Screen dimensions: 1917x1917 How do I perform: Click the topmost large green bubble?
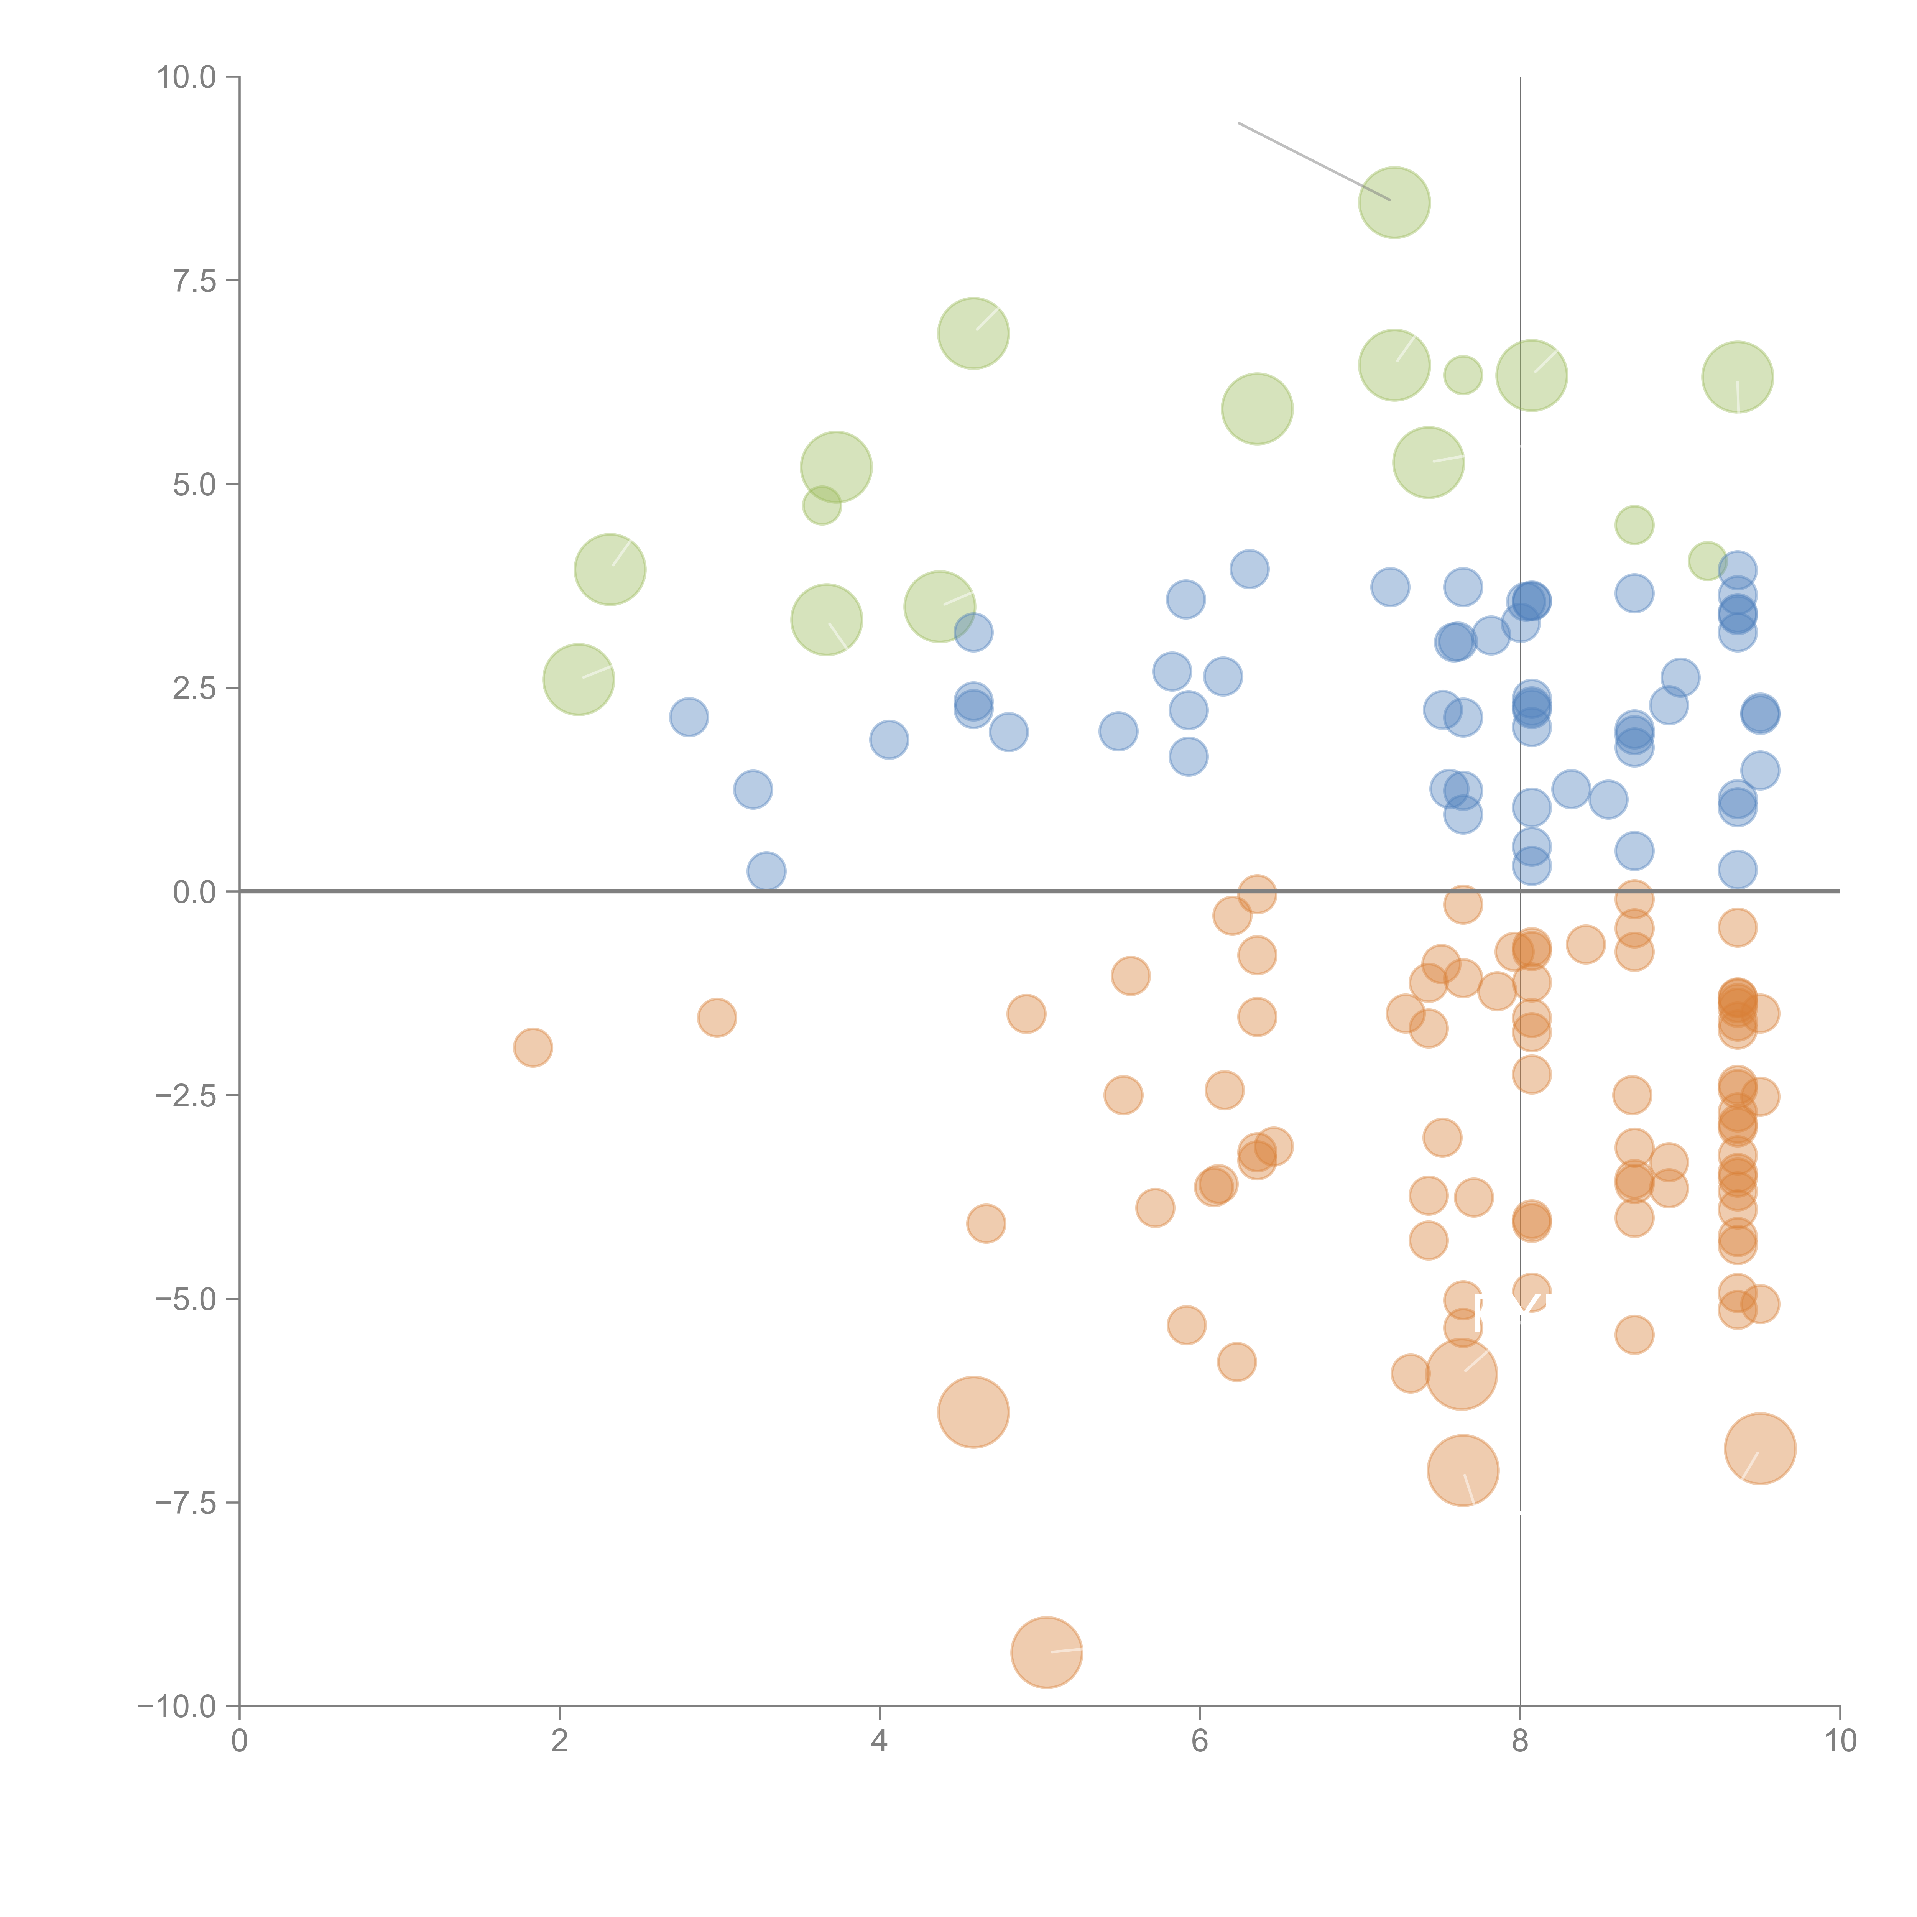tap(1394, 202)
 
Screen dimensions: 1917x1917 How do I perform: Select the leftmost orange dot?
tap(533, 1047)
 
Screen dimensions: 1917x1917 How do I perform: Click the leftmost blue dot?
tap(689, 717)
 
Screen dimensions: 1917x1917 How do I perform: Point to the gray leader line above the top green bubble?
tap(1310, 159)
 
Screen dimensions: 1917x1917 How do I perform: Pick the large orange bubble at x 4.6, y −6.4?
tap(973, 1412)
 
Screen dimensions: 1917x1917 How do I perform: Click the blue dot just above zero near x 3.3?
tap(766, 871)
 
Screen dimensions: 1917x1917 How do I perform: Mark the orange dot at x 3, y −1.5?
tap(717, 1017)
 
